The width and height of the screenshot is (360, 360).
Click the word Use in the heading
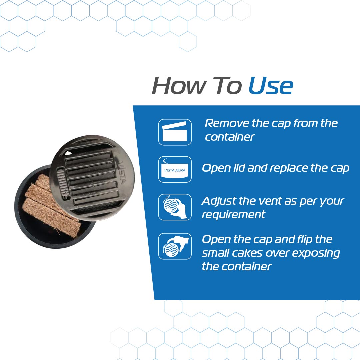pyautogui.click(x=271, y=86)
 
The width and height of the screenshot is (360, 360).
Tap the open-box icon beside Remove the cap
pyautogui.click(x=175, y=132)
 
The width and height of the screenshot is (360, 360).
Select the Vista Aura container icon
pyautogui.click(x=175, y=169)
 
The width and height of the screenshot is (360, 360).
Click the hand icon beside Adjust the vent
pyautogui.click(x=175, y=207)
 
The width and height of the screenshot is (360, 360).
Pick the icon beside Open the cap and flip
pyautogui.click(x=175, y=246)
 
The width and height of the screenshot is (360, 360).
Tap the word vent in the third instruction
pyautogui.click(x=267, y=201)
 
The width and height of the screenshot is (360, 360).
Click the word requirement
pyautogui.click(x=233, y=215)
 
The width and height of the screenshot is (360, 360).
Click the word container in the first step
pyautogui.click(x=229, y=137)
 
